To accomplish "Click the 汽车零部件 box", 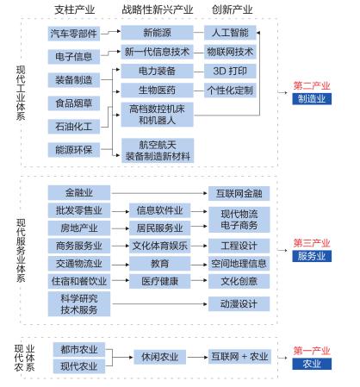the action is click(74, 34).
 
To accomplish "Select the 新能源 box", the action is click(157, 33).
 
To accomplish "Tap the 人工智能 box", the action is click(230, 33).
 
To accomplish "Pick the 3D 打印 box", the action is click(230, 71).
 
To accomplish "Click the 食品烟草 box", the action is click(74, 103).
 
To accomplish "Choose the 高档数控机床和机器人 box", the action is click(157, 115).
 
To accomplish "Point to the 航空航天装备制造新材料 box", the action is click(158, 151).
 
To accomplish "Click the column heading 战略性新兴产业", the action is click(158, 9).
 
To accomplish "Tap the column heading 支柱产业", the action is click(75, 9).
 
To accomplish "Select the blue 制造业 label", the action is click(312, 99).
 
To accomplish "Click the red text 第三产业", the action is click(312, 243).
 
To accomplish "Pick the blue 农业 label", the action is click(312, 364).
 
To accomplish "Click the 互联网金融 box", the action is click(239, 193).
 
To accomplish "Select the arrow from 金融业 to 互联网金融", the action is click(159, 193).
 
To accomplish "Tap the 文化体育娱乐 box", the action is click(159, 246).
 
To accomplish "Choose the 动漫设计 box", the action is click(239, 304).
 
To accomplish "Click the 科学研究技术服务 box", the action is click(79, 304).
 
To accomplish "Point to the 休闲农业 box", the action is click(159, 357).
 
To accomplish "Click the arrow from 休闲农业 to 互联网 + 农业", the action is click(197, 358).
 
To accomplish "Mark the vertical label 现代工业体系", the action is click(21, 93).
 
